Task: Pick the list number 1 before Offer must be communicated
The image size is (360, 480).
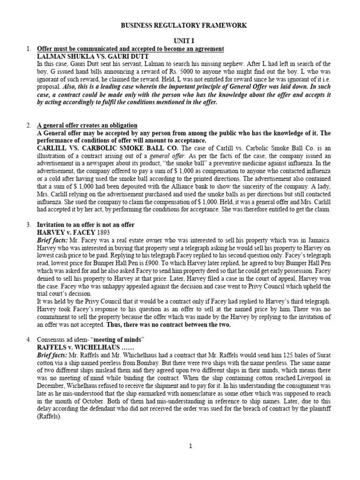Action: [x=29, y=49]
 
